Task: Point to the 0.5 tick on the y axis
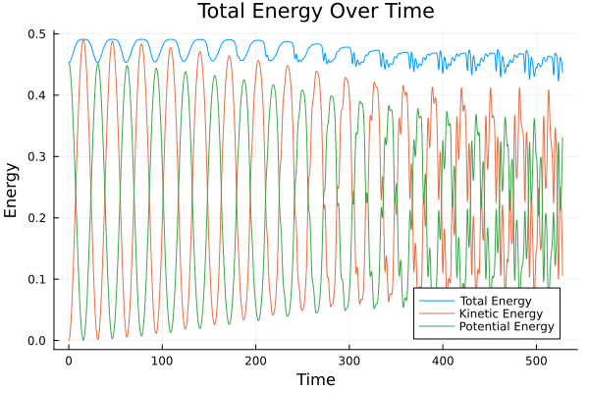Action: click(37, 34)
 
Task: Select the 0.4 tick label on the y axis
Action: click(37, 95)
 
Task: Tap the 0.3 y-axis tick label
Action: click(37, 157)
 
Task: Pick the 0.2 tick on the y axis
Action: click(37, 218)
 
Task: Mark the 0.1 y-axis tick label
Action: click(37, 280)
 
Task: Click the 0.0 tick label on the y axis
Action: click(37, 341)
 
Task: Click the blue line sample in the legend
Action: click(431, 300)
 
